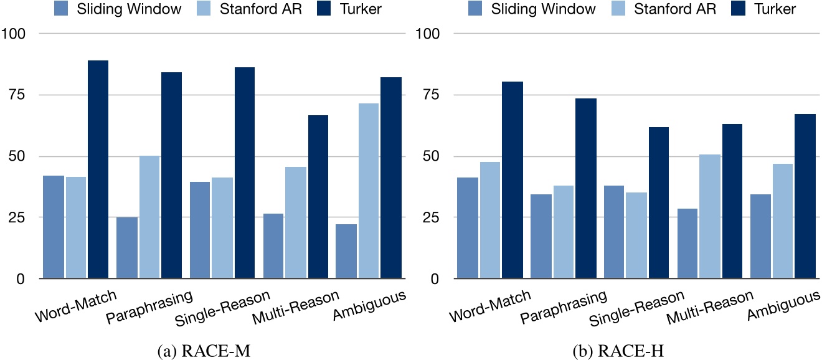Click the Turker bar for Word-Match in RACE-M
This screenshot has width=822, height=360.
(98, 169)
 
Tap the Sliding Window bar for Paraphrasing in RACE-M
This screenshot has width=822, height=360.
(126, 247)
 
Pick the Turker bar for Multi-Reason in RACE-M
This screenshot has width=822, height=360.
(318, 197)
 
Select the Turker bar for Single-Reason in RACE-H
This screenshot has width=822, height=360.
(659, 202)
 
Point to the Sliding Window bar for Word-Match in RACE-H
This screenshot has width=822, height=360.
(468, 228)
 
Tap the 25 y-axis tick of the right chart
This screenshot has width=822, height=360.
(432, 217)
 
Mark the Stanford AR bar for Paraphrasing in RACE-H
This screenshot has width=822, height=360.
(563, 232)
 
